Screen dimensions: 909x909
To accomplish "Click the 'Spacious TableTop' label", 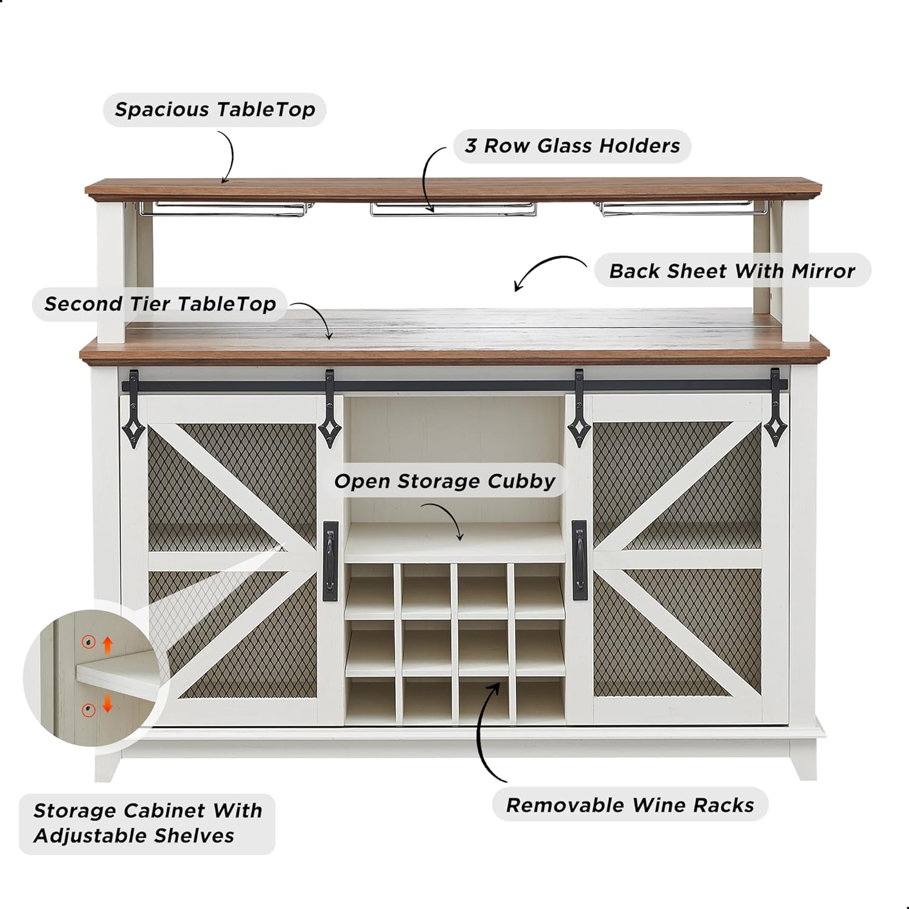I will [215, 110].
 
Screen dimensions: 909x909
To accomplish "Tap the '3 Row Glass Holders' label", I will [572, 146].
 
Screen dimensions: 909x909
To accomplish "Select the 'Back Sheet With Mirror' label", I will [731, 271].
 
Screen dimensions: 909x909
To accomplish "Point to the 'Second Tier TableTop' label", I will [160, 304].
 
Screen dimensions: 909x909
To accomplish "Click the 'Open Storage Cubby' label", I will [445, 481].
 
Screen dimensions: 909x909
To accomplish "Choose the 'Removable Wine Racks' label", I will [630, 805].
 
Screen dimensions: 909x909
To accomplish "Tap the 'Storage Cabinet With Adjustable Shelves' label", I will [147, 823].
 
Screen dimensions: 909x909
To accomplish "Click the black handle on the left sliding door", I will [330, 561].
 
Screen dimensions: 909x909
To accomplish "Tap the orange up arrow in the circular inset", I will [107, 644].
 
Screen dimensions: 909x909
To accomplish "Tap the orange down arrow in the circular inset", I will [107, 704].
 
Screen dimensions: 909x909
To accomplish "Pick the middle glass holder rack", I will [453, 208].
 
